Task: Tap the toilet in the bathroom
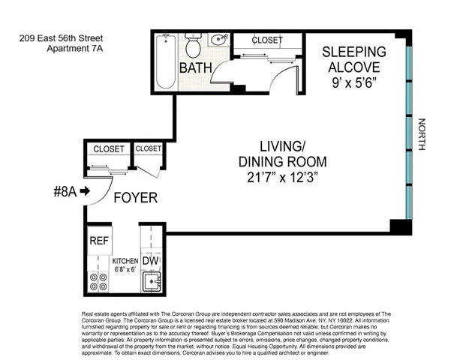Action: coord(193,47)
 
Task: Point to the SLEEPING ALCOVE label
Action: coord(354,59)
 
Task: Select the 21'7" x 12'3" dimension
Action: coord(282,178)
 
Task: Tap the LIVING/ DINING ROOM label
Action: coord(282,153)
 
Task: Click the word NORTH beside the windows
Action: coord(422,136)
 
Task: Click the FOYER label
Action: coord(136,198)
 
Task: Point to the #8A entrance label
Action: coord(65,191)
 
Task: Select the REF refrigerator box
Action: coord(99,241)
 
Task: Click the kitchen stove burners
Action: coord(99,282)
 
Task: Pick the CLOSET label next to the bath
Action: coord(266,40)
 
